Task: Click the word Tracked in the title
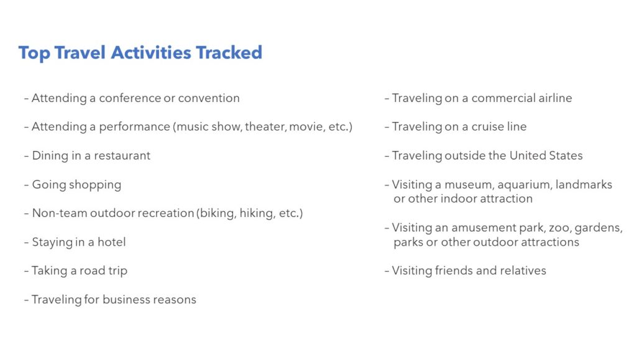click(x=229, y=53)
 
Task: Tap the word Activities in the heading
click(x=151, y=53)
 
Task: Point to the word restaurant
click(x=122, y=155)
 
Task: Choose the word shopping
click(x=95, y=185)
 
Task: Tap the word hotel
click(x=111, y=242)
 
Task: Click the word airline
click(x=555, y=98)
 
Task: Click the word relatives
click(x=524, y=270)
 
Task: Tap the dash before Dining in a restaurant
click(x=26, y=156)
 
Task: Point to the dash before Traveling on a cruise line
click(x=386, y=127)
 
